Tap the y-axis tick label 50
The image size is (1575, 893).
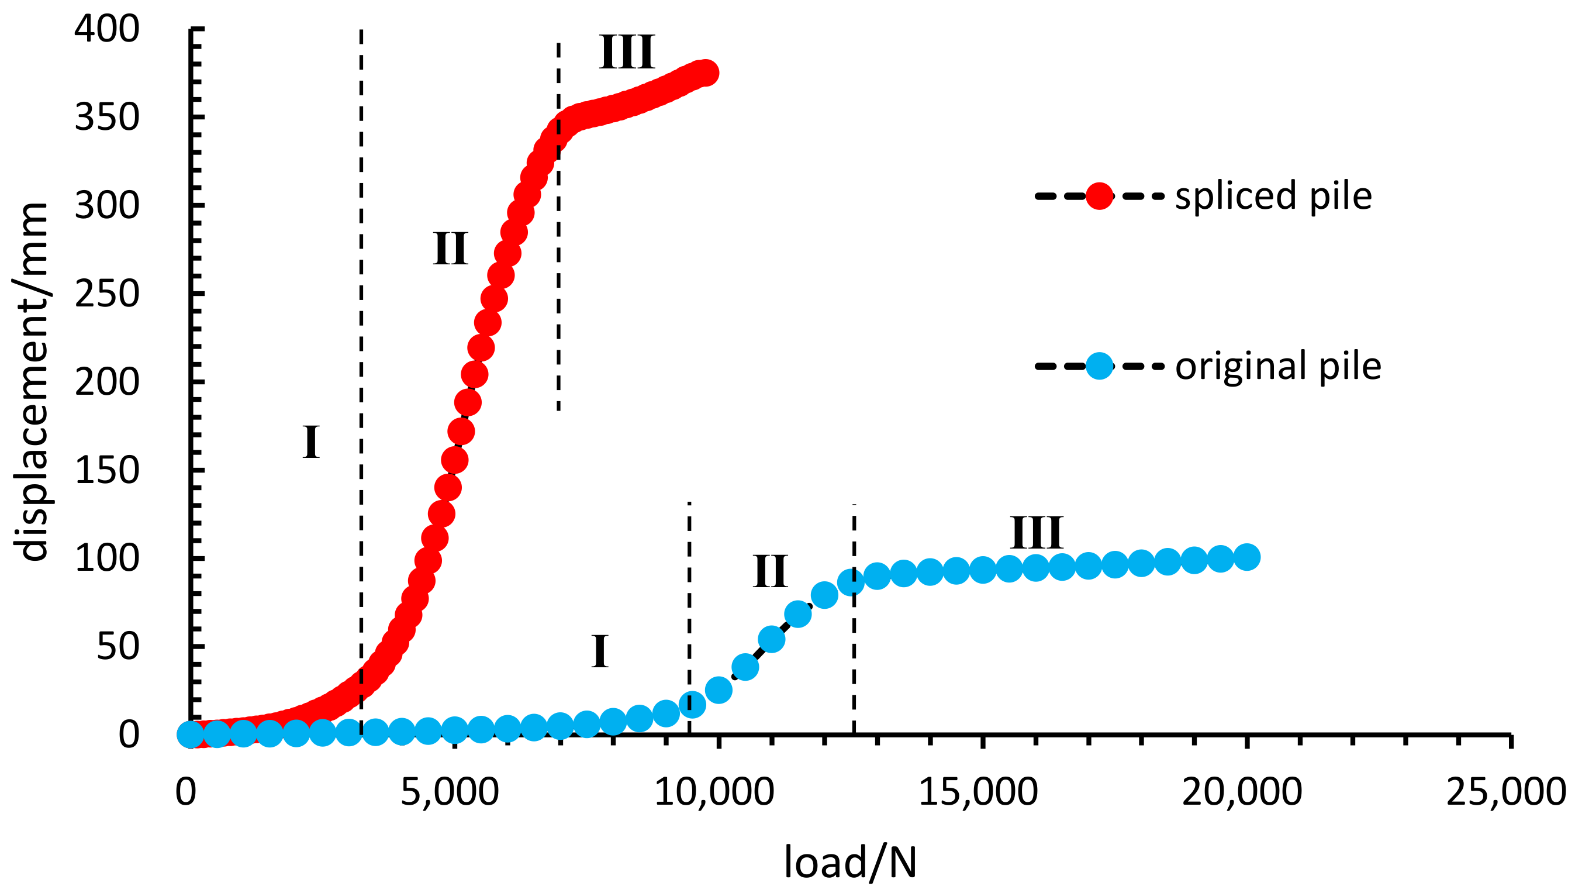(118, 646)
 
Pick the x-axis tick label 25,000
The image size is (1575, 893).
(1507, 792)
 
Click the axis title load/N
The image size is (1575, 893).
(849, 863)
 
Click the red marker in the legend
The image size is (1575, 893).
(1099, 196)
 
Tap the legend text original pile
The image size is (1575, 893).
(1277, 366)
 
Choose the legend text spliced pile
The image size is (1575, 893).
(1273, 196)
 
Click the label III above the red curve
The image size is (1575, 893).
(627, 52)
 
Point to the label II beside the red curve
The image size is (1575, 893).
(450, 249)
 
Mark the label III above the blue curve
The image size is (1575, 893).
(1035, 532)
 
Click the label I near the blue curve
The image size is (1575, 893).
(600, 651)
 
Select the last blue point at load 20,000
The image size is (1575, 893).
(1246, 557)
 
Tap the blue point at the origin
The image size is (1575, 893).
(190, 733)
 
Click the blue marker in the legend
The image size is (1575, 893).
(1099, 366)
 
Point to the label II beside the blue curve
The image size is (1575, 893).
(769, 571)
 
